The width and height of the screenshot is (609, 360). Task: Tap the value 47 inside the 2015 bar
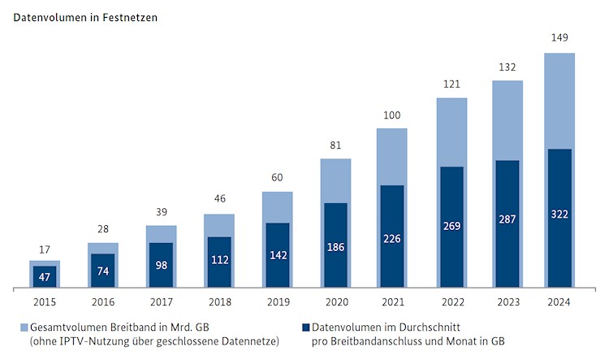45,276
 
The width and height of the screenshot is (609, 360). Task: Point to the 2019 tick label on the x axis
277,301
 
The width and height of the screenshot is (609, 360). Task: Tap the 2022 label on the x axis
451,301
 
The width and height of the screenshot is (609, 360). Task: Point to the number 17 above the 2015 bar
45,249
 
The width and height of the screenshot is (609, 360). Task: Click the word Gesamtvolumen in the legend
66,327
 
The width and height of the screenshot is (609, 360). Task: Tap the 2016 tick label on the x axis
102,301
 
